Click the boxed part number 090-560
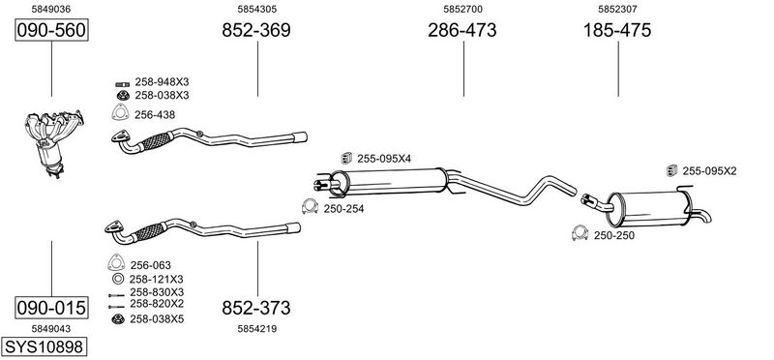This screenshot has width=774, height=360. pos(51,30)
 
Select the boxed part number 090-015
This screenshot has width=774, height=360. pos(51,308)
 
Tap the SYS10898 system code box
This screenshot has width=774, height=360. pos(44,346)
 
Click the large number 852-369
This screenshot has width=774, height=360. pos(256,30)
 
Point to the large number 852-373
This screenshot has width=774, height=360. pos(256,308)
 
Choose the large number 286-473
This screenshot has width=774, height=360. pos(462,30)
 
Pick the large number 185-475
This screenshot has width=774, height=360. pos(617,30)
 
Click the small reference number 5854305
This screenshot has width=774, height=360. pos(256,9)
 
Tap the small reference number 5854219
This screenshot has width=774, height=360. pos(256,329)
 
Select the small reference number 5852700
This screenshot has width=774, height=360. pos(462,9)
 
